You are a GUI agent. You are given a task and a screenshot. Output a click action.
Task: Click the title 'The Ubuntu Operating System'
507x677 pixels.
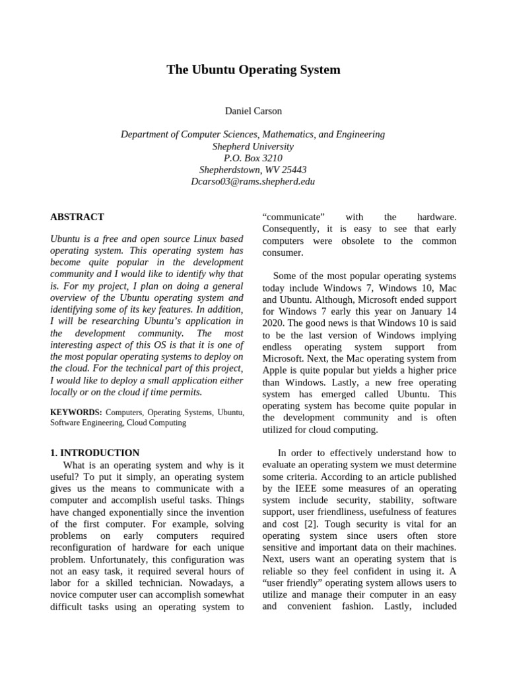(253, 69)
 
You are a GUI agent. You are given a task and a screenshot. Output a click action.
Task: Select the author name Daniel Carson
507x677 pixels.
(253, 110)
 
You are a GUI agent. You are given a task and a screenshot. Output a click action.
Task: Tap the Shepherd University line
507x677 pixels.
(253, 146)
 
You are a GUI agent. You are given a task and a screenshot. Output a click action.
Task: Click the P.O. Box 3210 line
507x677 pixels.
(253, 158)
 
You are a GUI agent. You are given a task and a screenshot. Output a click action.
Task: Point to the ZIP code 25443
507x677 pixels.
(294, 170)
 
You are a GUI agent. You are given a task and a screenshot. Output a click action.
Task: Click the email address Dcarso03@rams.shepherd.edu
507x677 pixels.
(253, 181)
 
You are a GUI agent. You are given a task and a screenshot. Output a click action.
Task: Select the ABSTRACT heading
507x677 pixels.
(77, 217)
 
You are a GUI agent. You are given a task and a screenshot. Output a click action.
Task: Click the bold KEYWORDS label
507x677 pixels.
(76, 412)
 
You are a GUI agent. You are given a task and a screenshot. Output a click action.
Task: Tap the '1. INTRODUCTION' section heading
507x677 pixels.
(95, 453)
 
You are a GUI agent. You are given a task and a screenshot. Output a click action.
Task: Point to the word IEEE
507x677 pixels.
(303, 489)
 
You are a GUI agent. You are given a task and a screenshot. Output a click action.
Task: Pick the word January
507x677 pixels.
(419, 311)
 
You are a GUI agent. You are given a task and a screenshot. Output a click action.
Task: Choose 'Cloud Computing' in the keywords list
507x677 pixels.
(156, 422)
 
